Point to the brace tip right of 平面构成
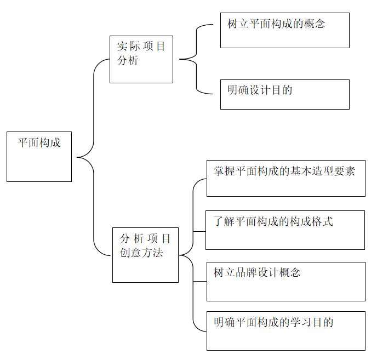(x=77, y=157)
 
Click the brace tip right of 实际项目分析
(x=180, y=59)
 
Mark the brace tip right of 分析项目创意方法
(x=180, y=255)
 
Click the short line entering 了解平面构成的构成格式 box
(x=199, y=232)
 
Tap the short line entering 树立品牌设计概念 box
(x=200, y=281)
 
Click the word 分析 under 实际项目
(x=128, y=60)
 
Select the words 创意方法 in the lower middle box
(x=141, y=253)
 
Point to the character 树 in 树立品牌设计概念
(x=219, y=272)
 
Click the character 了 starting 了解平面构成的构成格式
(x=218, y=221)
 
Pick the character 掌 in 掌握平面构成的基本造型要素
(x=219, y=171)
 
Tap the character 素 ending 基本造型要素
(x=350, y=171)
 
